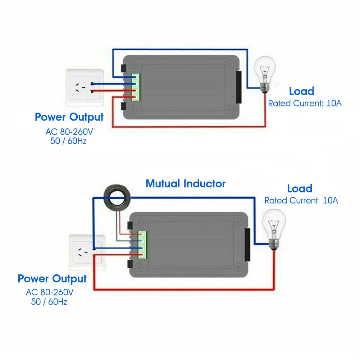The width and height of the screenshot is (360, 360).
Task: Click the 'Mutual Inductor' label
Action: coord(185,183)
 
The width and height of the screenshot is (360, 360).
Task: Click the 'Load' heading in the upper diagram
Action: coord(301,91)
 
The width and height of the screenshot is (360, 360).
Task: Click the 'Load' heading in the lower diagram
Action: coord(299,188)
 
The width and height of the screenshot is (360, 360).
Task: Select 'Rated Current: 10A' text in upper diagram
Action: coord(305,103)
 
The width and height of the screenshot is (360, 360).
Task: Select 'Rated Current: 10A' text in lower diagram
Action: coord(301,200)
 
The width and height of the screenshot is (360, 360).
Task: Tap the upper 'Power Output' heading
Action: coord(69,117)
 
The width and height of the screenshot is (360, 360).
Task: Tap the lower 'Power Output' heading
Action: coord(52,279)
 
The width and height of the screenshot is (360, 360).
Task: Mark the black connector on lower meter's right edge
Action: coord(247,244)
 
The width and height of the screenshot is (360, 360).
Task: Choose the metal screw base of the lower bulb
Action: coord(274,243)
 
